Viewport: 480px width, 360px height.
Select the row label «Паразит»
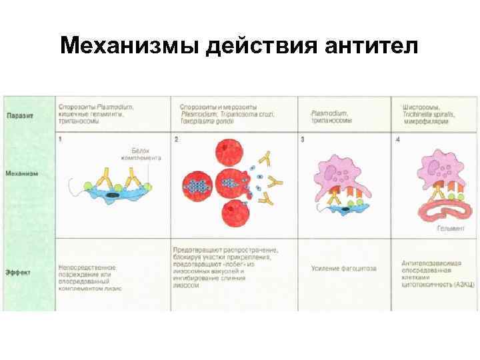pyautogui.click(x=21, y=115)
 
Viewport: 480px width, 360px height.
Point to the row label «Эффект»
pyautogui.click(x=19, y=271)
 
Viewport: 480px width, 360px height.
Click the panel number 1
pyautogui.click(x=60, y=139)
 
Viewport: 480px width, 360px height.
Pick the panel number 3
pyautogui.click(x=303, y=139)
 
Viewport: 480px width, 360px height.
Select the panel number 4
pyautogui.click(x=398, y=139)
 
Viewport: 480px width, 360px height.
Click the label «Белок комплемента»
pyautogui.click(x=141, y=155)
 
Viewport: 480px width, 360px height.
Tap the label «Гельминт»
pyautogui.click(x=451, y=228)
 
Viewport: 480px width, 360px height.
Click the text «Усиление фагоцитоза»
pyautogui.click(x=343, y=269)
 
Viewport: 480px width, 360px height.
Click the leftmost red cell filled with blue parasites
pyautogui.click(x=197, y=185)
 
